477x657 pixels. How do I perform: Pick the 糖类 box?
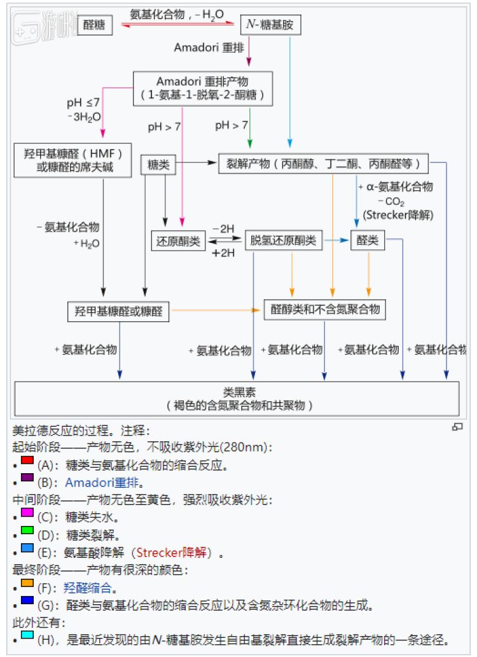158,165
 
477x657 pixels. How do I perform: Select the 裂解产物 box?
323,163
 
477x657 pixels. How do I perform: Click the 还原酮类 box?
177,241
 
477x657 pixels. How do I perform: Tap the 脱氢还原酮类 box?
284,240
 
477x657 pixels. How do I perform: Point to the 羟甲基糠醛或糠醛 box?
118,312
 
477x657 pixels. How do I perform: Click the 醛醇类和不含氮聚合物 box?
325,309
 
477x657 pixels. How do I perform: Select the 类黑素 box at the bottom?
237,398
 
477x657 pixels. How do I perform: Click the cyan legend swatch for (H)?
27,635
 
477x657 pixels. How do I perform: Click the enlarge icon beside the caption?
457,427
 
